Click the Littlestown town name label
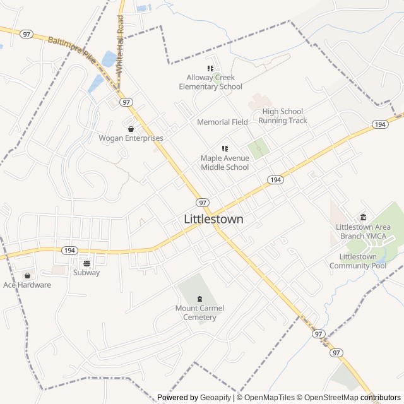213,219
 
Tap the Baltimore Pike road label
73,47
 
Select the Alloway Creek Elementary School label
210,82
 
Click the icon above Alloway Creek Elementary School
210,69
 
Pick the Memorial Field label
222,122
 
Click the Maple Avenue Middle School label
225,163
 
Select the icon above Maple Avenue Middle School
225,149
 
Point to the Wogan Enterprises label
131,138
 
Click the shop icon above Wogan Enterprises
131,129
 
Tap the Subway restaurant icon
86,263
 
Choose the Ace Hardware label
27,285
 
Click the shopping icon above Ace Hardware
27,275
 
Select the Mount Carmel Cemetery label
199,312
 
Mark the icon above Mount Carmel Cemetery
199,299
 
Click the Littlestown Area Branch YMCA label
362,231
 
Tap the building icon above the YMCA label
362,218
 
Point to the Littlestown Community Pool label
362,261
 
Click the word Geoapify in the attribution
215,398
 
